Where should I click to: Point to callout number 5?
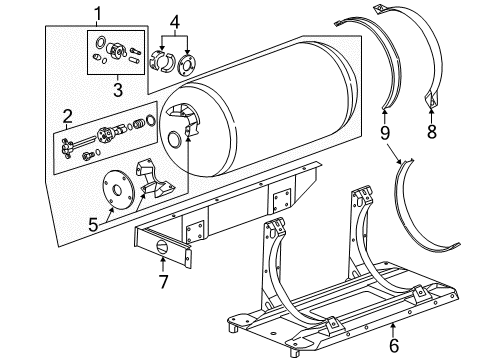click(x=92, y=225)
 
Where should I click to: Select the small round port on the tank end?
click(x=175, y=138)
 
